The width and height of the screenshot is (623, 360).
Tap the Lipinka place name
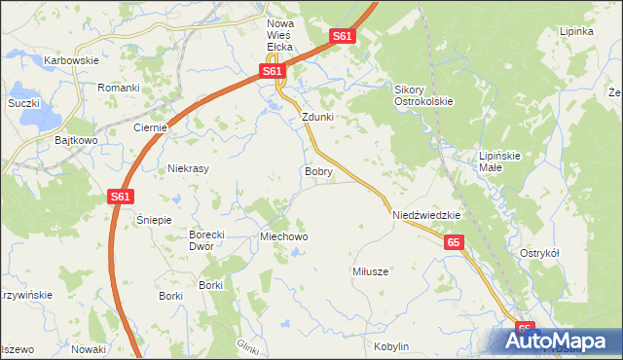[x=576, y=31]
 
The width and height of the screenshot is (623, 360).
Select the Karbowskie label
[x=72, y=60]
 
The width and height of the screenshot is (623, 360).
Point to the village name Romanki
[x=119, y=88]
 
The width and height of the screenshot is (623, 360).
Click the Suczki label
[x=23, y=102]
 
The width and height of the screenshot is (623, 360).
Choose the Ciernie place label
[x=152, y=127]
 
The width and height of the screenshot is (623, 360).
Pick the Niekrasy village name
[x=189, y=168]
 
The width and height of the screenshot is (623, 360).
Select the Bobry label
[x=318, y=171]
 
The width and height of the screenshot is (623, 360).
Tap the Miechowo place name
[x=283, y=236]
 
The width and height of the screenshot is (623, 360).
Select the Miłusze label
[x=370, y=271]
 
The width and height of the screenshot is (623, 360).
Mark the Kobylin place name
[x=391, y=346]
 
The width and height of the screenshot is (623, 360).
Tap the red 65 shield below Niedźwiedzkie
[x=453, y=242]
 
